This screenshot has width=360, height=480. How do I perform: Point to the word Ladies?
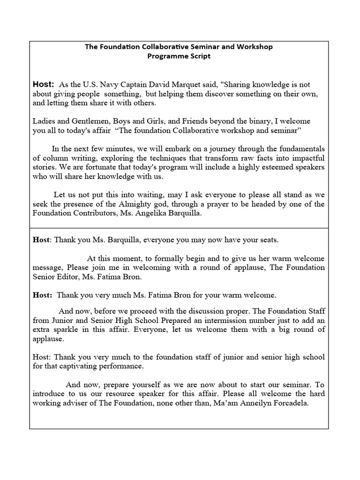(x=44, y=121)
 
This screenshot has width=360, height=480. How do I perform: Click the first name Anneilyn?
(x=253, y=402)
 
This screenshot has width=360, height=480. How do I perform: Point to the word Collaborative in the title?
(x=160, y=47)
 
